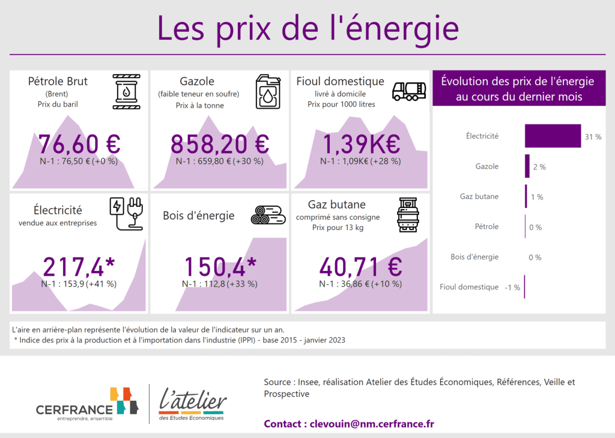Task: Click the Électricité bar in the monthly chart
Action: [x=553, y=136]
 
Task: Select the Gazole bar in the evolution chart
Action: [x=527, y=166]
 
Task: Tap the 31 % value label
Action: [x=593, y=137]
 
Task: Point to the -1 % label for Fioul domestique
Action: [x=512, y=287]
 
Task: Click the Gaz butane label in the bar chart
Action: [x=479, y=196]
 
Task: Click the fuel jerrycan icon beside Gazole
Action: [x=268, y=92]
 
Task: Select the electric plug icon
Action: [x=127, y=213]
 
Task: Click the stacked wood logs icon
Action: [x=268, y=214]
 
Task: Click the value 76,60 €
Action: [x=79, y=144]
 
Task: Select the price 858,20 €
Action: [x=220, y=144]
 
